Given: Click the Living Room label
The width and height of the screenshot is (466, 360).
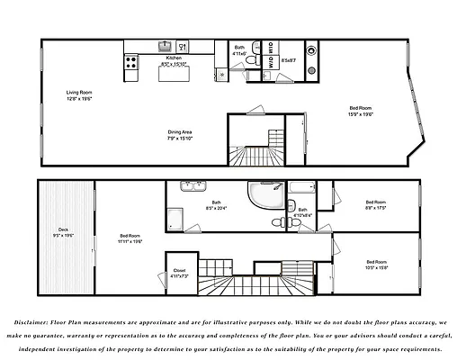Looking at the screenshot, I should point(79,92).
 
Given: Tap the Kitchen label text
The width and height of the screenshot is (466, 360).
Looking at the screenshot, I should point(174,58).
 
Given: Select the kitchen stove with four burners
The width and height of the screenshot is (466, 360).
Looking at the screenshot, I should point(131,63).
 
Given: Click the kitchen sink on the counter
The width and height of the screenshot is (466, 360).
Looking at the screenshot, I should point(166,45).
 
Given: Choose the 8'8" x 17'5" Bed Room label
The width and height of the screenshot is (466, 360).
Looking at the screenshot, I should point(376,202).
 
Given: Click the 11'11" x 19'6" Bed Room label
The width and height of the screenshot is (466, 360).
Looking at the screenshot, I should point(130,236).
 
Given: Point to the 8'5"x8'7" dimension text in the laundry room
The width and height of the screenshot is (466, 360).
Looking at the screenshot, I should point(289,60).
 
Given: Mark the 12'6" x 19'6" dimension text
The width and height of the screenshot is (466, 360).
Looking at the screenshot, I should point(79,99).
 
